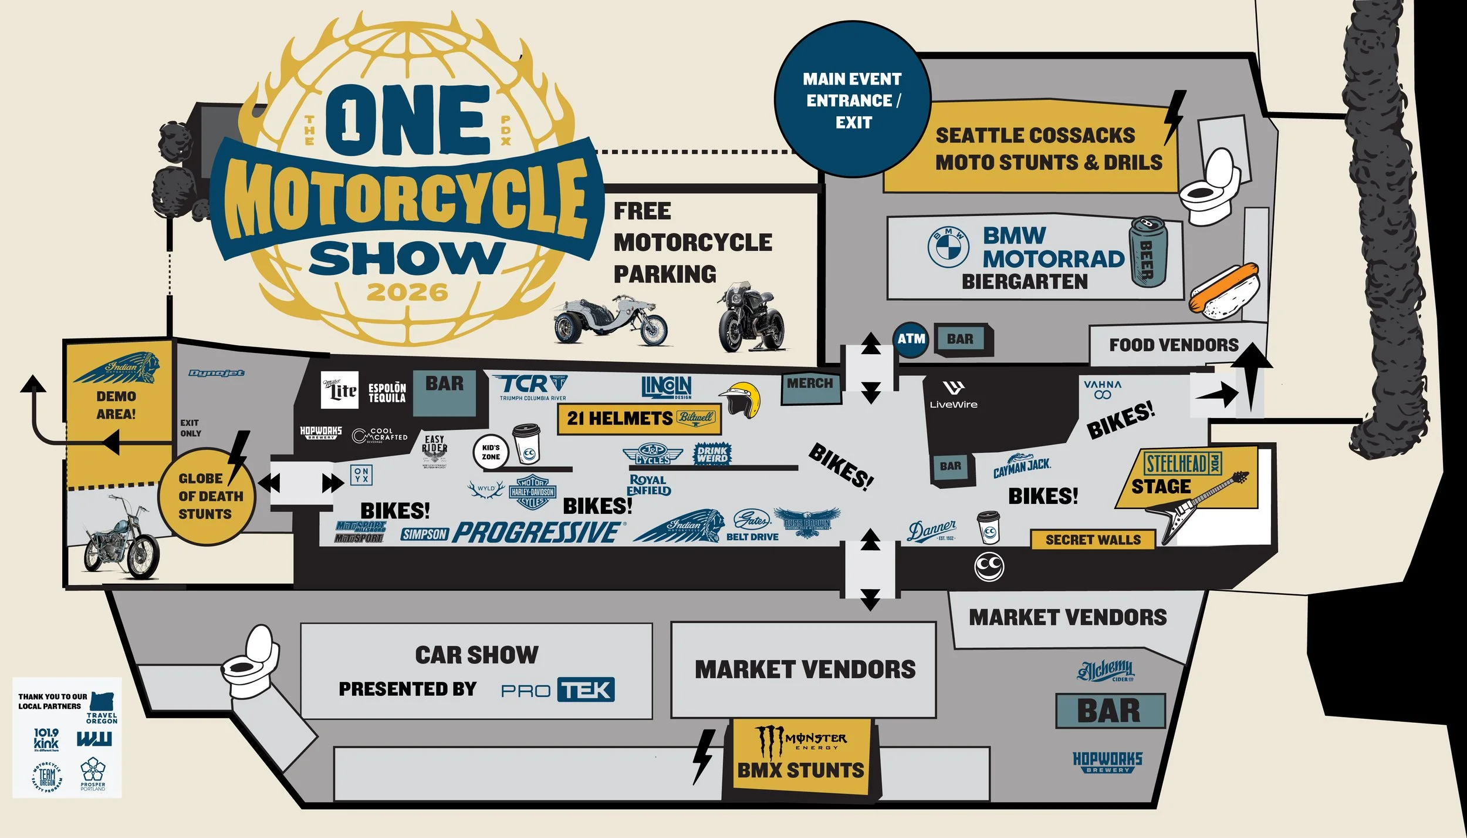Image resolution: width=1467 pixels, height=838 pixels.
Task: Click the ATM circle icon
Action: click(911, 339)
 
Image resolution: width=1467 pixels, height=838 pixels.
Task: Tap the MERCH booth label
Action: click(810, 384)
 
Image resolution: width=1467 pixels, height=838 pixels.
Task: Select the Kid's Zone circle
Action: click(491, 452)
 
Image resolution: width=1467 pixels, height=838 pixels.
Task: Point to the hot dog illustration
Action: click(1224, 291)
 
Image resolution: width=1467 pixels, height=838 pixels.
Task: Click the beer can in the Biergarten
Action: click(1148, 253)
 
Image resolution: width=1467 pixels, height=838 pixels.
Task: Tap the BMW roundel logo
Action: click(948, 247)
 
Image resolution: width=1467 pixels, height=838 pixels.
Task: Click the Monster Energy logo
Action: click(801, 742)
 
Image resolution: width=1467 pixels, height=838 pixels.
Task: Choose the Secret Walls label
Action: click(1093, 540)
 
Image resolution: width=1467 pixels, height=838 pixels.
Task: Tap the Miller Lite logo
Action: click(339, 390)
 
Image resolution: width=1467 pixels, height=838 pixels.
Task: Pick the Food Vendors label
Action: click(1174, 345)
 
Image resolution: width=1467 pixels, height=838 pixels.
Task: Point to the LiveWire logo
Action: click(954, 395)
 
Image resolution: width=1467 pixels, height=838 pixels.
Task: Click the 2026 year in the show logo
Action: click(407, 292)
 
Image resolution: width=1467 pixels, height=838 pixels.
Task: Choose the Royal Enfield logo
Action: click(649, 485)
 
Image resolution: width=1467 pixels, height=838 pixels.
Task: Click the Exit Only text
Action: click(190, 428)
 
